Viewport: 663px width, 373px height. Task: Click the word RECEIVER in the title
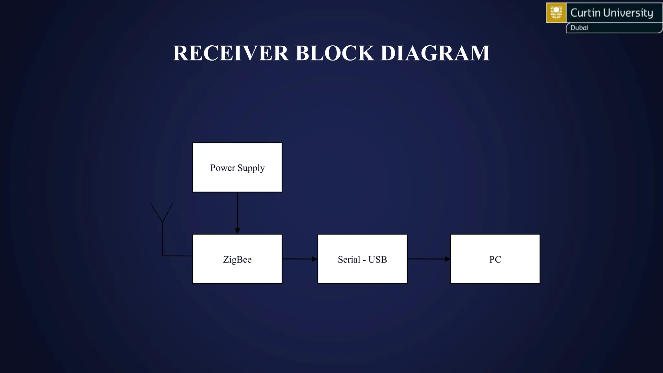(230, 53)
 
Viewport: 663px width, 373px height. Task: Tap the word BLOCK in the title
(335, 53)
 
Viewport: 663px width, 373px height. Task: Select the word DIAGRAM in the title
(435, 53)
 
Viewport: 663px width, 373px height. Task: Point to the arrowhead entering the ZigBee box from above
(237, 231)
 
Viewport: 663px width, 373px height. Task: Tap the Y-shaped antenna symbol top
(162, 212)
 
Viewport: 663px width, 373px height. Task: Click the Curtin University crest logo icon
(556, 13)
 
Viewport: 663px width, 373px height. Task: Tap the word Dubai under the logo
(579, 28)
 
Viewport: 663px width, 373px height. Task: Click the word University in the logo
(628, 13)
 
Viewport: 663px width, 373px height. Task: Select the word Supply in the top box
(251, 168)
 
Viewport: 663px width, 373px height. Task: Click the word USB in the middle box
(377, 260)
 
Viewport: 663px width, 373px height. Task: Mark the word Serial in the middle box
(349, 260)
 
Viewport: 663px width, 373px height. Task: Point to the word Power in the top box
(222, 168)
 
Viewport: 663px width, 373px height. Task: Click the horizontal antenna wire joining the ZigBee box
(177, 256)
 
